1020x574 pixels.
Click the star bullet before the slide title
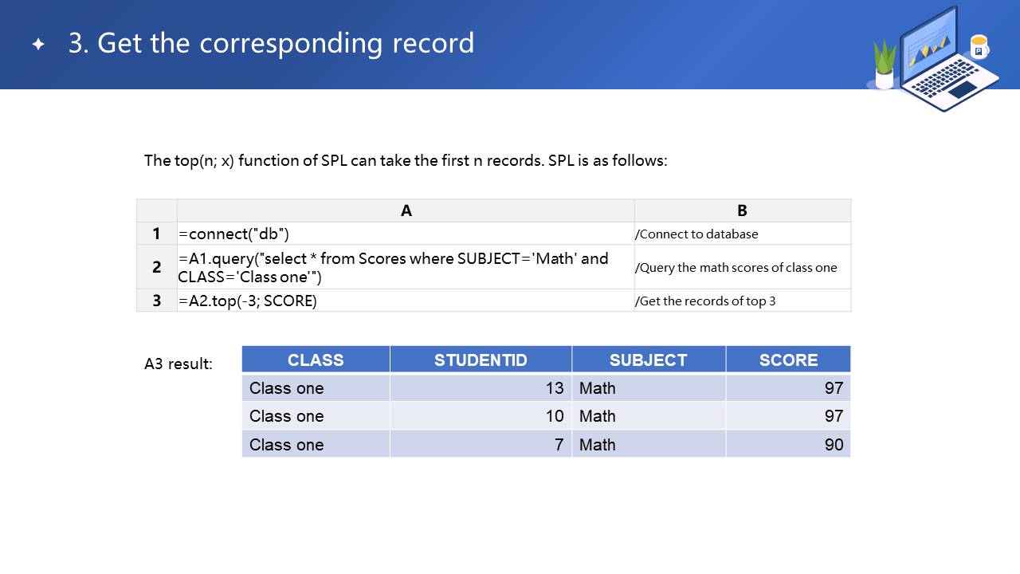(39, 44)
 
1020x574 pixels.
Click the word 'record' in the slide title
(433, 43)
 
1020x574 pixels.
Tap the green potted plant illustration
(885, 65)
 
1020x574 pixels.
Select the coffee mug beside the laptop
(979, 47)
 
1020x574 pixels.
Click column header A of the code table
(406, 210)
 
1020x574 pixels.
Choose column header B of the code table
(742, 210)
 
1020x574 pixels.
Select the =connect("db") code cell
(233, 234)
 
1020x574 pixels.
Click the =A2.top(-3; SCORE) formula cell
(248, 301)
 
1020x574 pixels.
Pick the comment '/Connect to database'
(696, 234)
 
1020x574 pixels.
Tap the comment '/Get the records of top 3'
(705, 301)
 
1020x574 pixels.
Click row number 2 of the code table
(157, 267)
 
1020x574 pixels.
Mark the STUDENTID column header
(481, 360)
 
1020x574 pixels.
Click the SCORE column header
(788, 360)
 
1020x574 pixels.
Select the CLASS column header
(316, 360)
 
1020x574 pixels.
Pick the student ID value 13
(555, 388)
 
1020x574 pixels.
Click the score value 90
(834, 445)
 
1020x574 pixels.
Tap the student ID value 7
(559, 445)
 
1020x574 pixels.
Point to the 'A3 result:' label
(178, 364)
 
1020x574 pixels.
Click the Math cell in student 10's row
(597, 416)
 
